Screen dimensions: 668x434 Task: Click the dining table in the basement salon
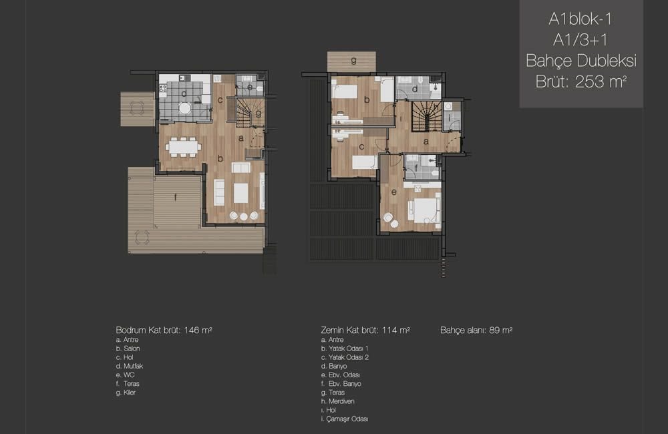coord(183,147)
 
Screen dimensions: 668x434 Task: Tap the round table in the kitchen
coord(184,108)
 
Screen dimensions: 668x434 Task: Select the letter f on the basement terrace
coord(175,197)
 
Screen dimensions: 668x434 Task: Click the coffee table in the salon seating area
coord(240,192)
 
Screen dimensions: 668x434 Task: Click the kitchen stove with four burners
coord(163,88)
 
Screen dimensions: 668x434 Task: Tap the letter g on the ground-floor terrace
coord(353,61)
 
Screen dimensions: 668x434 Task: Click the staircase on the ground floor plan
coord(426,117)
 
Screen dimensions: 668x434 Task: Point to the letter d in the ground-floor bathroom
coord(415,89)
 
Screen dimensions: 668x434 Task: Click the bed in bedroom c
coord(363,162)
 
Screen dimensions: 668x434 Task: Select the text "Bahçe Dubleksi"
coord(581,61)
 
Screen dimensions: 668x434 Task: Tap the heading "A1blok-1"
coord(580,19)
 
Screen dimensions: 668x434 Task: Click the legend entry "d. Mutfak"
coord(130,366)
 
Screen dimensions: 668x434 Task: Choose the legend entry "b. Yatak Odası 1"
coord(345,349)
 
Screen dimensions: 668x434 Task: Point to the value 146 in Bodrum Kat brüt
coord(192,330)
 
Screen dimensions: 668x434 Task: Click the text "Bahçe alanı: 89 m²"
coord(476,330)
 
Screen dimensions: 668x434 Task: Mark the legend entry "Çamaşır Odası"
coord(347,419)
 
